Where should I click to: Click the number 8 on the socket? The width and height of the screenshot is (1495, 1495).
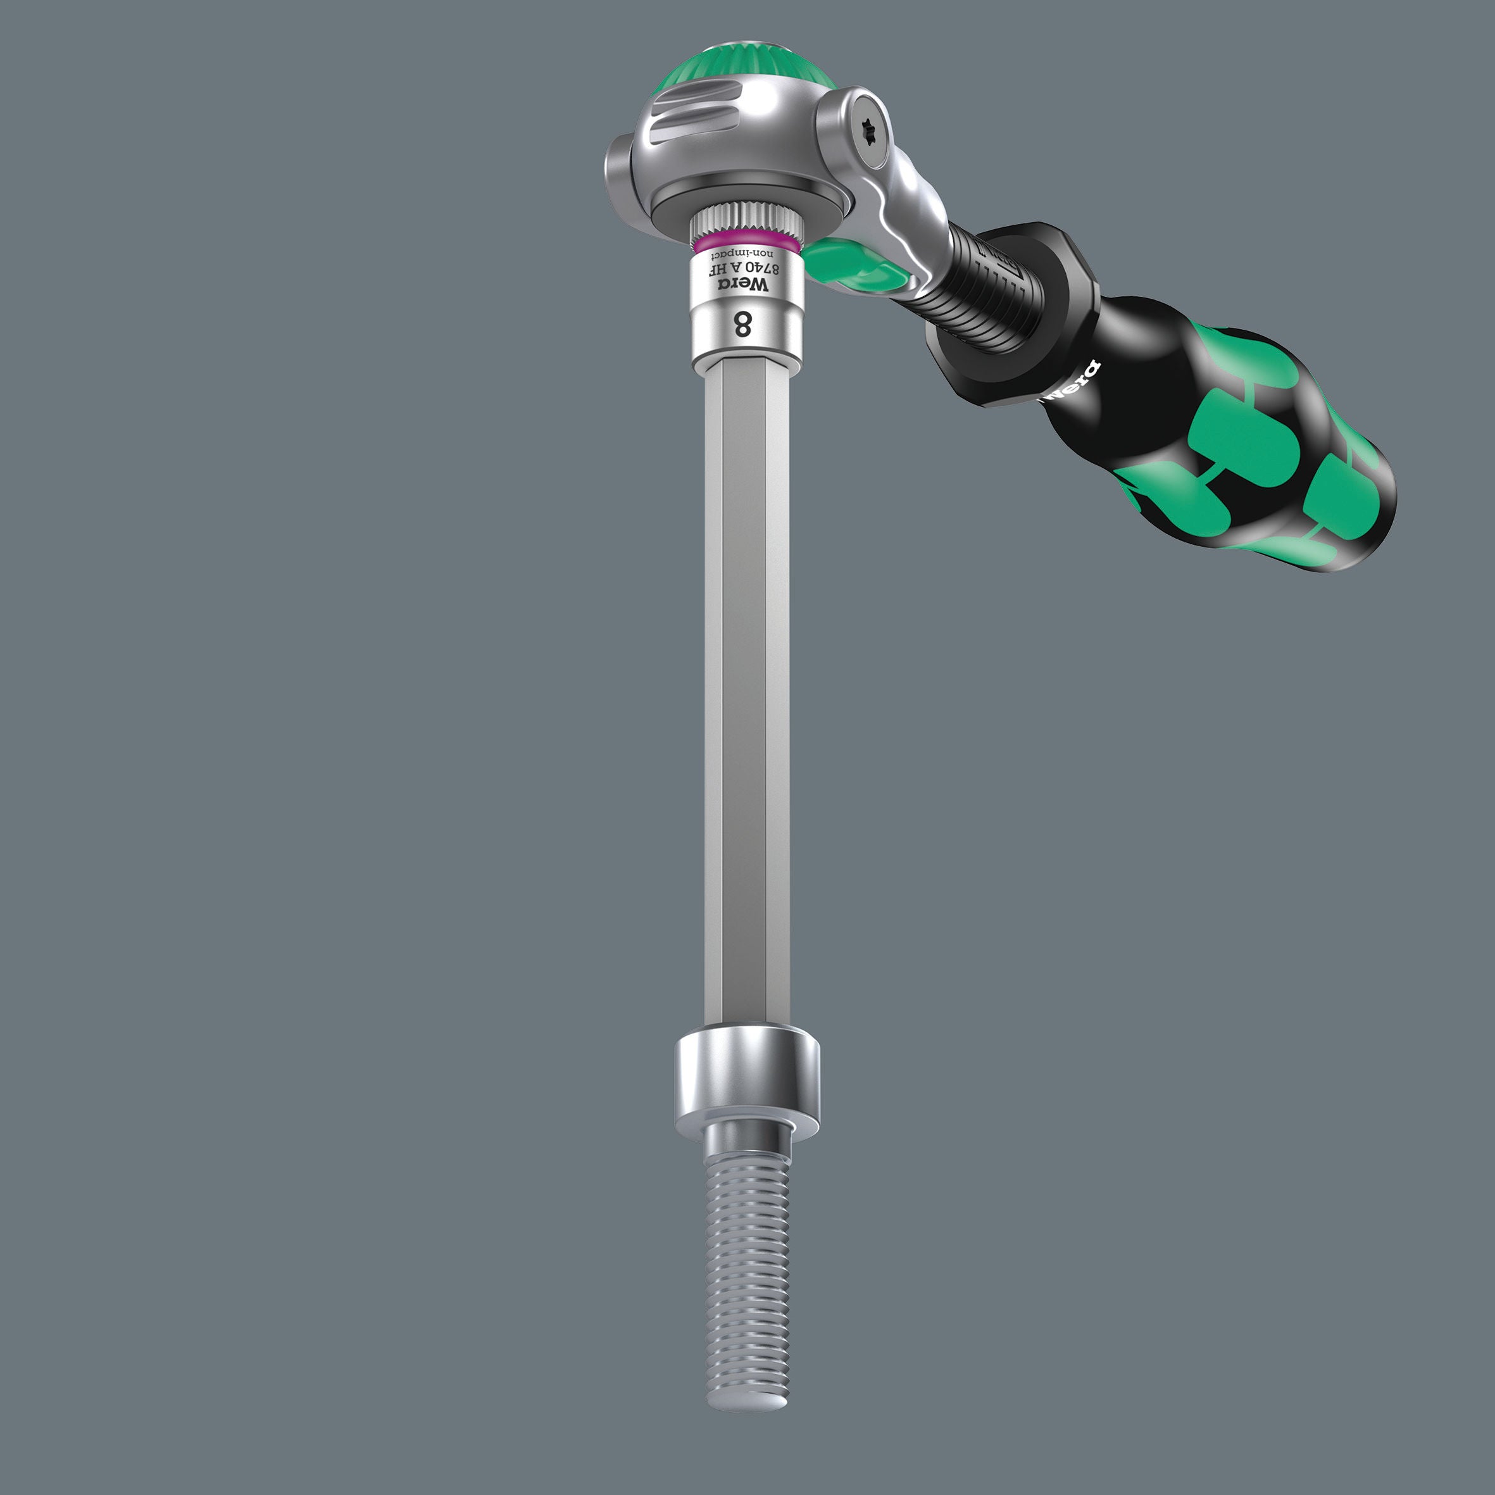tap(742, 325)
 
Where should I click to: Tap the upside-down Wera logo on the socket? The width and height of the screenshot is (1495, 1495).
tap(744, 285)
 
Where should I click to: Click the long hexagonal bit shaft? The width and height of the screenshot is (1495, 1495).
tap(746, 696)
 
